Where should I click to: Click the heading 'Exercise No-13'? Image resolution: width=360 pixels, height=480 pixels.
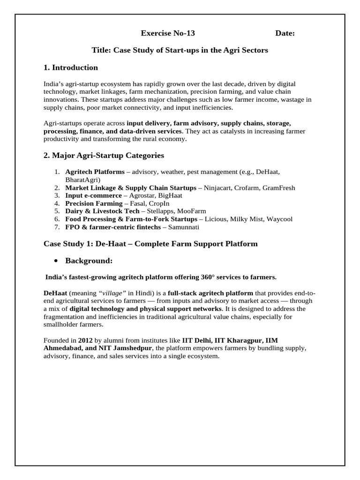(x=168, y=33)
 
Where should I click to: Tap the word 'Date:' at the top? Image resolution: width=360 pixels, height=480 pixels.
(x=285, y=33)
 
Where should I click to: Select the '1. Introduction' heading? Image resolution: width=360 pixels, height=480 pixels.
(x=71, y=67)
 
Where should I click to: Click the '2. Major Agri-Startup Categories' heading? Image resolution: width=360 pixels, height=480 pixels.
(x=104, y=155)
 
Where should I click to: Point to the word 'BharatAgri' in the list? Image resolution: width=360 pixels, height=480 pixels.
(x=83, y=180)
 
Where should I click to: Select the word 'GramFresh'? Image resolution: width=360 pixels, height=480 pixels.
(x=279, y=187)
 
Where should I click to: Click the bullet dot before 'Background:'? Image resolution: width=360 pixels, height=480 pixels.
(x=56, y=261)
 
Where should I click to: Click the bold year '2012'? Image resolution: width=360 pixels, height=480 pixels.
(x=85, y=340)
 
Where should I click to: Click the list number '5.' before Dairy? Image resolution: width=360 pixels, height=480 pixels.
(x=57, y=211)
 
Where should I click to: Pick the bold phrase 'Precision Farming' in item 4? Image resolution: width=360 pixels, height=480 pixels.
(x=94, y=203)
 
